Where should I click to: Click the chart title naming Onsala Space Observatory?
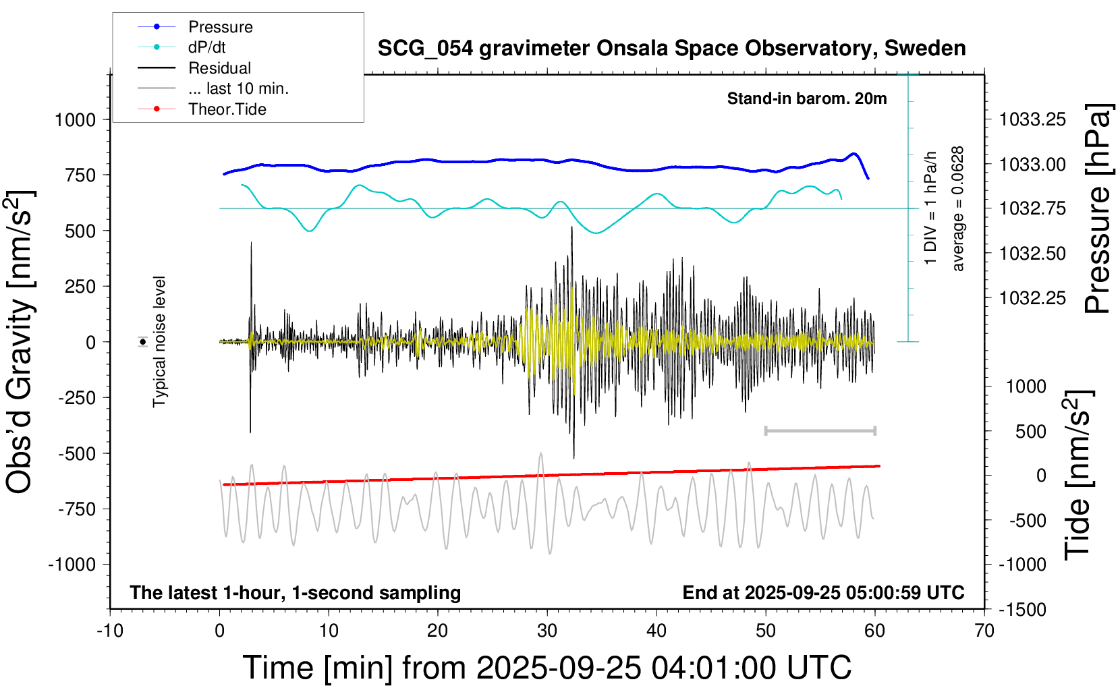(x=671, y=49)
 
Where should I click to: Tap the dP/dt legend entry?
(x=206, y=47)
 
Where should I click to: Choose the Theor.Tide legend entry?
(x=227, y=109)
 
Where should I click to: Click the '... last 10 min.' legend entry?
(x=238, y=88)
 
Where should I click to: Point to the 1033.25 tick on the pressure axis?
(x=1032, y=120)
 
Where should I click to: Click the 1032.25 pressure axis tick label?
(x=1032, y=298)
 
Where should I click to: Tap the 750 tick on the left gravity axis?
(x=81, y=175)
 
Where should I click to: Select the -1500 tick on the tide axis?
(x=1022, y=610)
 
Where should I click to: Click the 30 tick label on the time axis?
(x=547, y=631)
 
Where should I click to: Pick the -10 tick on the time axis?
(x=110, y=631)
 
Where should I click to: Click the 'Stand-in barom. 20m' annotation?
(x=807, y=98)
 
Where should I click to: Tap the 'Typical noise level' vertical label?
(x=159, y=341)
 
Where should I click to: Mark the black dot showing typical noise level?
(x=143, y=342)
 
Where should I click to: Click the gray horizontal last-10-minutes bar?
(x=820, y=430)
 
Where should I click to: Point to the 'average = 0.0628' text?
(x=958, y=209)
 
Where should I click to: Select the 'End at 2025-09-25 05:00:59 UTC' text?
(x=823, y=593)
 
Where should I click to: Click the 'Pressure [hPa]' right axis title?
(x=1098, y=209)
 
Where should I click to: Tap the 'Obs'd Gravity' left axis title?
(x=20, y=341)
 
